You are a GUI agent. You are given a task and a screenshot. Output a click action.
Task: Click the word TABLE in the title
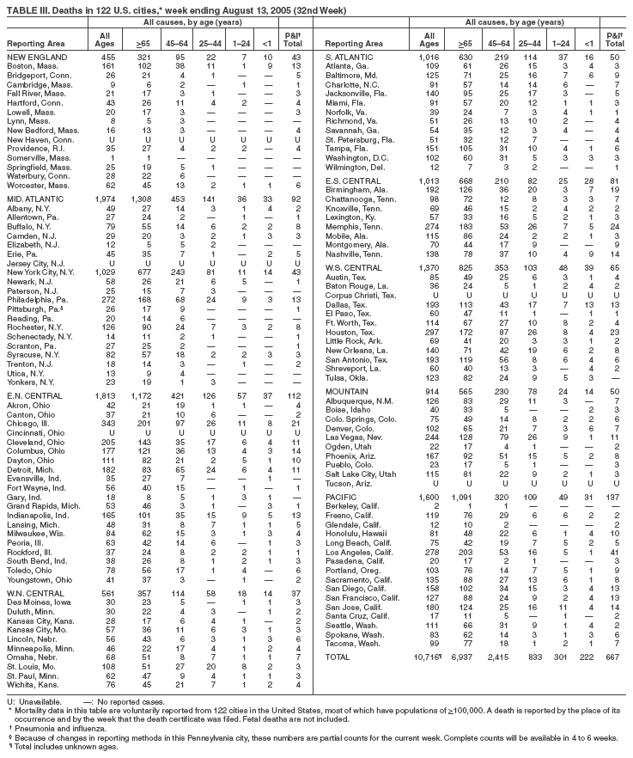click(18, 7)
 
